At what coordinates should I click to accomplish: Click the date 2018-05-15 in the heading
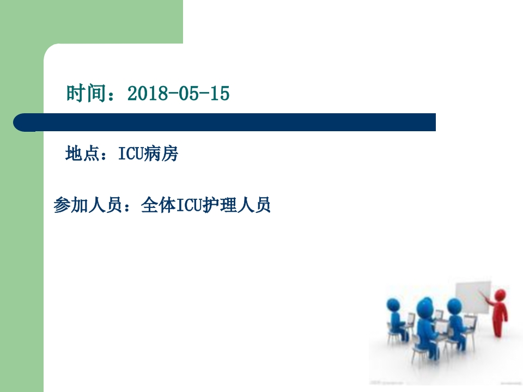click(x=178, y=94)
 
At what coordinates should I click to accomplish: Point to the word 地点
click(x=82, y=155)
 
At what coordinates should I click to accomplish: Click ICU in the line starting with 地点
click(x=130, y=155)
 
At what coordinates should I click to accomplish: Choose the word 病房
click(x=161, y=155)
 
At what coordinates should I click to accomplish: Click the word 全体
click(x=155, y=205)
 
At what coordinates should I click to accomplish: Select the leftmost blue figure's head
click(x=394, y=303)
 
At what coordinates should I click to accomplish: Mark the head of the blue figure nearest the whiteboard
click(x=452, y=305)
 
